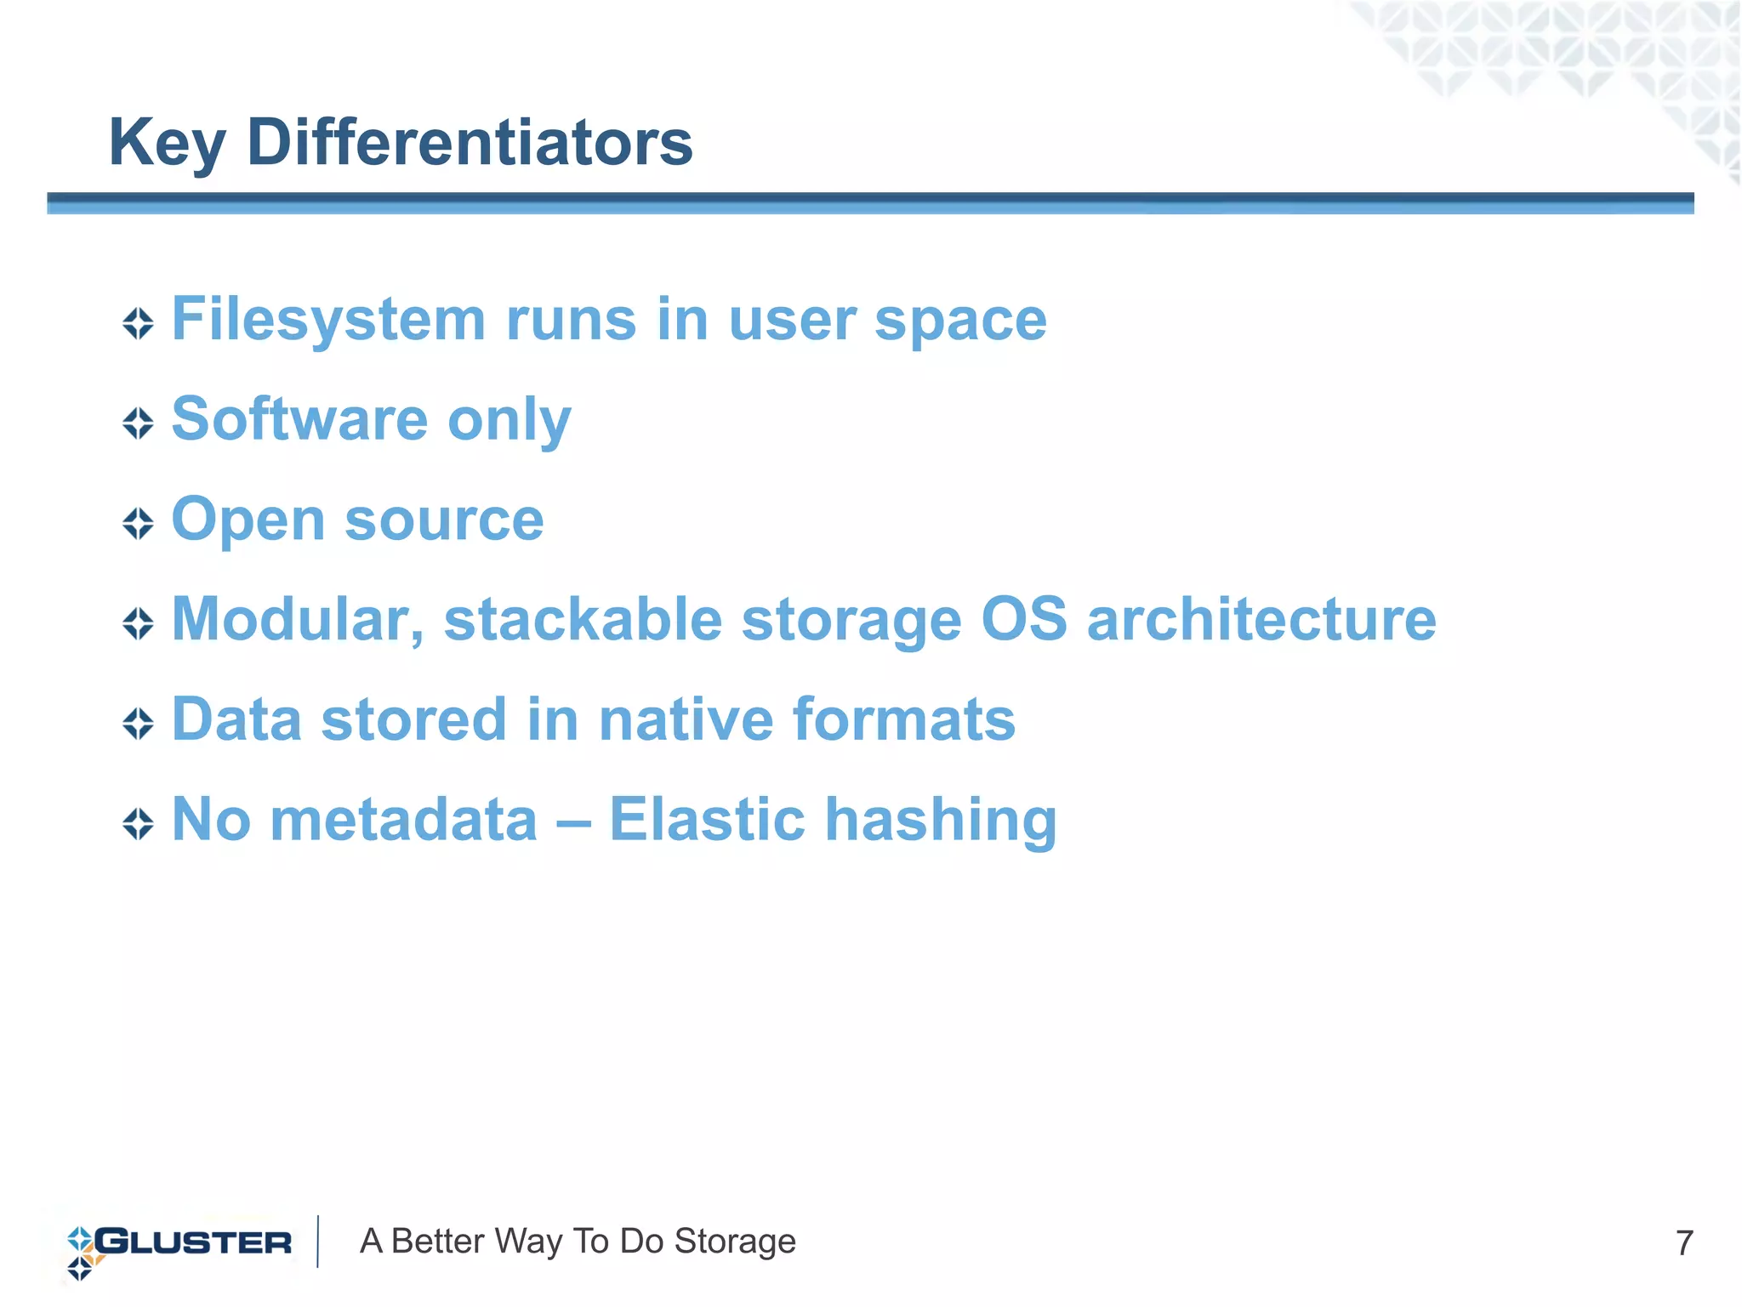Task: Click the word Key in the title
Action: (167, 143)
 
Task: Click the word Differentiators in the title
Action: (470, 142)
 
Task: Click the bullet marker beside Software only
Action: (138, 423)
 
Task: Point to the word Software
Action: (299, 419)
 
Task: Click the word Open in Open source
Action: (248, 521)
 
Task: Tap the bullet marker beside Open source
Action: (138, 523)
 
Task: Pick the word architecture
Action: (1261, 620)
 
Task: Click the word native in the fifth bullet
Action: (685, 719)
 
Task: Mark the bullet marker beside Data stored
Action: (138, 724)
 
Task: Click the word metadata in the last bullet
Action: (403, 820)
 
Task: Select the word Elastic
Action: (707, 820)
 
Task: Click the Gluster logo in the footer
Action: (179, 1244)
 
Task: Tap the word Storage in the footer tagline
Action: (735, 1242)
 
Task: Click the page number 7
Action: (1683, 1243)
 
